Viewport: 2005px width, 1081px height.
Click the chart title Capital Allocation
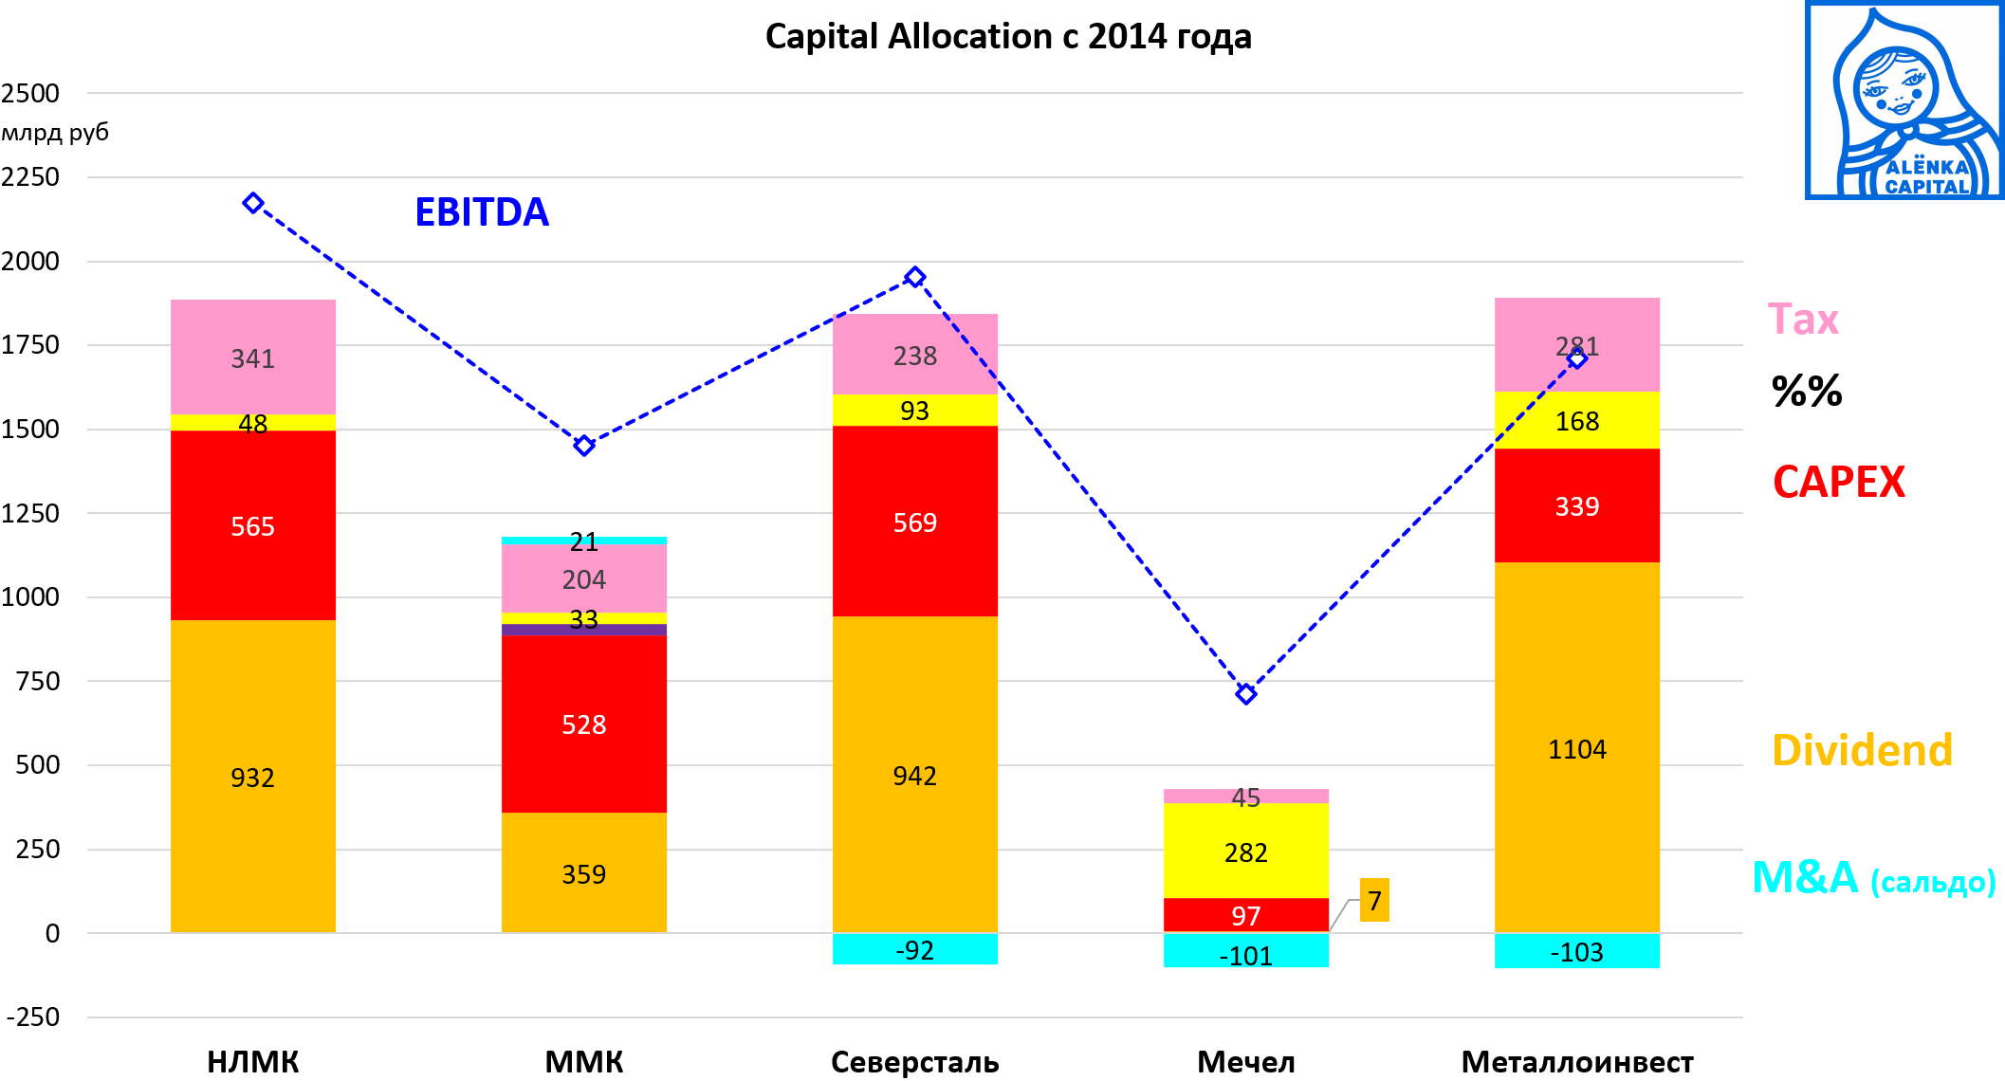[1008, 37]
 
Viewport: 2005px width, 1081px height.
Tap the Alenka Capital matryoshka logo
[1904, 101]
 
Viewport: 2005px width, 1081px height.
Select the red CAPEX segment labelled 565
[252, 525]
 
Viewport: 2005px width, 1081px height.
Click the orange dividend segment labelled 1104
[1576, 748]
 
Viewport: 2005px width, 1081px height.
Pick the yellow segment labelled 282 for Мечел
[1245, 851]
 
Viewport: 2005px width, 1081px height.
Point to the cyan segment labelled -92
[914, 949]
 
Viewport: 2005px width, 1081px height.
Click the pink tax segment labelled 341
[252, 357]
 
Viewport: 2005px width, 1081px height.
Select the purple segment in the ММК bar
[583, 630]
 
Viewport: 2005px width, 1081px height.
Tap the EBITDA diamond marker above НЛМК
[252, 203]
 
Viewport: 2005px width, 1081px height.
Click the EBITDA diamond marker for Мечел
[1246, 694]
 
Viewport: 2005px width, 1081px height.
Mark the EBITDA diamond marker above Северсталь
[914, 277]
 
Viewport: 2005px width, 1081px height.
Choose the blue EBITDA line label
[482, 212]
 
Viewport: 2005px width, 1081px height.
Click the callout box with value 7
[1374, 900]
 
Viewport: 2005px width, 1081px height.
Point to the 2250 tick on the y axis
[30, 177]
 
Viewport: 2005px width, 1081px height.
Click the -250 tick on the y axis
[32, 1017]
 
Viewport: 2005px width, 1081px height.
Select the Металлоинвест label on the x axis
[1576, 1062]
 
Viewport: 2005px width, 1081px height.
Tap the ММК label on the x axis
[583, 1062]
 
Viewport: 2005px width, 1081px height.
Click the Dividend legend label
[1862, 750]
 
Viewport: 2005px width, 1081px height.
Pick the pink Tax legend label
[1803, 320]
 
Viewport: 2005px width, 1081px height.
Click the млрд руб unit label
[55, 133]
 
